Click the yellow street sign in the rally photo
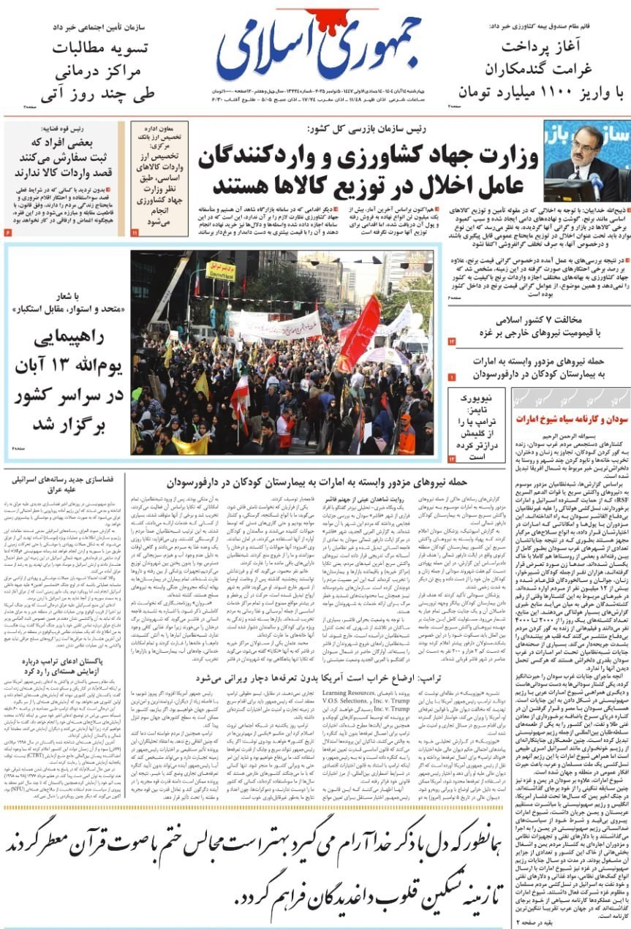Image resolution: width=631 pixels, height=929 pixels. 221,271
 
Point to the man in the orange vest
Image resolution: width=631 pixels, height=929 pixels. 407,436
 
